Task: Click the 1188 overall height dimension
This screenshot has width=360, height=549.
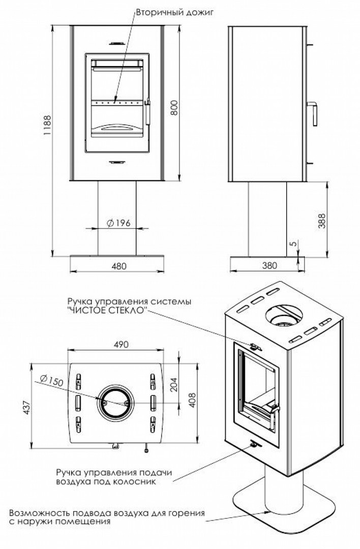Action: click(47, 126)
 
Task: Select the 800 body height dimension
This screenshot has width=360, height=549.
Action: click(174, 107)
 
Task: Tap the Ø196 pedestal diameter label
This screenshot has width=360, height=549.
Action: click(118, 223)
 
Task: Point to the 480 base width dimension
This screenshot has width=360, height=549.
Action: click(118, 266)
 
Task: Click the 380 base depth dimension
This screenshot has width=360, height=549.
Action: click(269, 266)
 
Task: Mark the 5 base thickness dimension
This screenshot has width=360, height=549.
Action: click(293, 243)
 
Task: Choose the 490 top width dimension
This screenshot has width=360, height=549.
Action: click(121, 345)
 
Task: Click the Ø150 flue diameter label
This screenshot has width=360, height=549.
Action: click(51, 380)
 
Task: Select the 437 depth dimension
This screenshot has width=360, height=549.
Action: click(26, 407)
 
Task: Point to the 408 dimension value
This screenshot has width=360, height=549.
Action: click(192, 400)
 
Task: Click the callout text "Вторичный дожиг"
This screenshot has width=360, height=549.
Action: click(174, 13)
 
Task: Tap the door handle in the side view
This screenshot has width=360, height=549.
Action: click(313, 113)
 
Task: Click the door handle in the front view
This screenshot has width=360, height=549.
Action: click(147, 111)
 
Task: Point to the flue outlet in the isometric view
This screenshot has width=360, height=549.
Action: click(284, 316)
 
